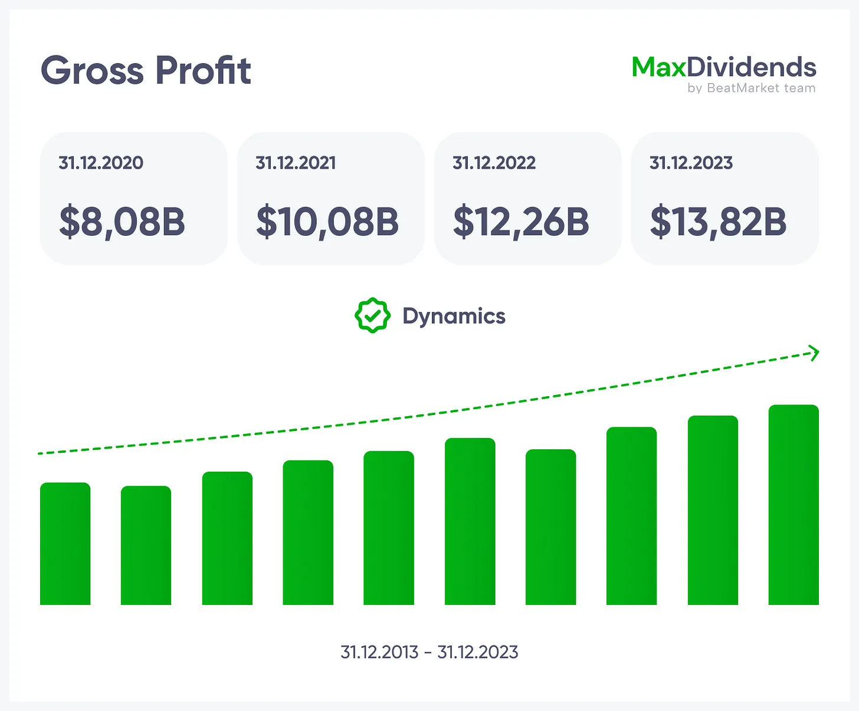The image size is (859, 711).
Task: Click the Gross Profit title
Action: point(146,71)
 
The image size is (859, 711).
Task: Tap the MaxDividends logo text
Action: point(724,67)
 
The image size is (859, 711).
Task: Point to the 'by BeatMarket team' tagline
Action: point(751,88)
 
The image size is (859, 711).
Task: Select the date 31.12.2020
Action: point(101,163)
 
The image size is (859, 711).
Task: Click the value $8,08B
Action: point(122,222)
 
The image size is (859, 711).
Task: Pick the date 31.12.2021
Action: point(296,163)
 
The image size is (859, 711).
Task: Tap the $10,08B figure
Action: point(327,222)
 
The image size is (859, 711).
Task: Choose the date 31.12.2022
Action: point(494,163)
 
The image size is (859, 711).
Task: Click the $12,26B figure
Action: point(521,222)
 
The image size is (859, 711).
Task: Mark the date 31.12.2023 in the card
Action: point(691,163)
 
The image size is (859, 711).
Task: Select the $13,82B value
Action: point(718,222)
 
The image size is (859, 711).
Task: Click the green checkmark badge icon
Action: point(372,315)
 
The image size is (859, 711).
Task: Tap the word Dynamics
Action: point(454,316)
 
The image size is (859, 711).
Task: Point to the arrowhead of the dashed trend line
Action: point(815,353)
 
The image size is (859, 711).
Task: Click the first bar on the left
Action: point(65,544)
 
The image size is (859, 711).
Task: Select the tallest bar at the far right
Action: point(794,505)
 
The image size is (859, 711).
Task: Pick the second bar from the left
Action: point(146,545)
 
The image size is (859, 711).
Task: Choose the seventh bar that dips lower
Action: point(550,527)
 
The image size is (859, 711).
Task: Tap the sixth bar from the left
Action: point(470,521)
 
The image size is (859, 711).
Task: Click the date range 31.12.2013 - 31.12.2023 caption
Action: point(429,652)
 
